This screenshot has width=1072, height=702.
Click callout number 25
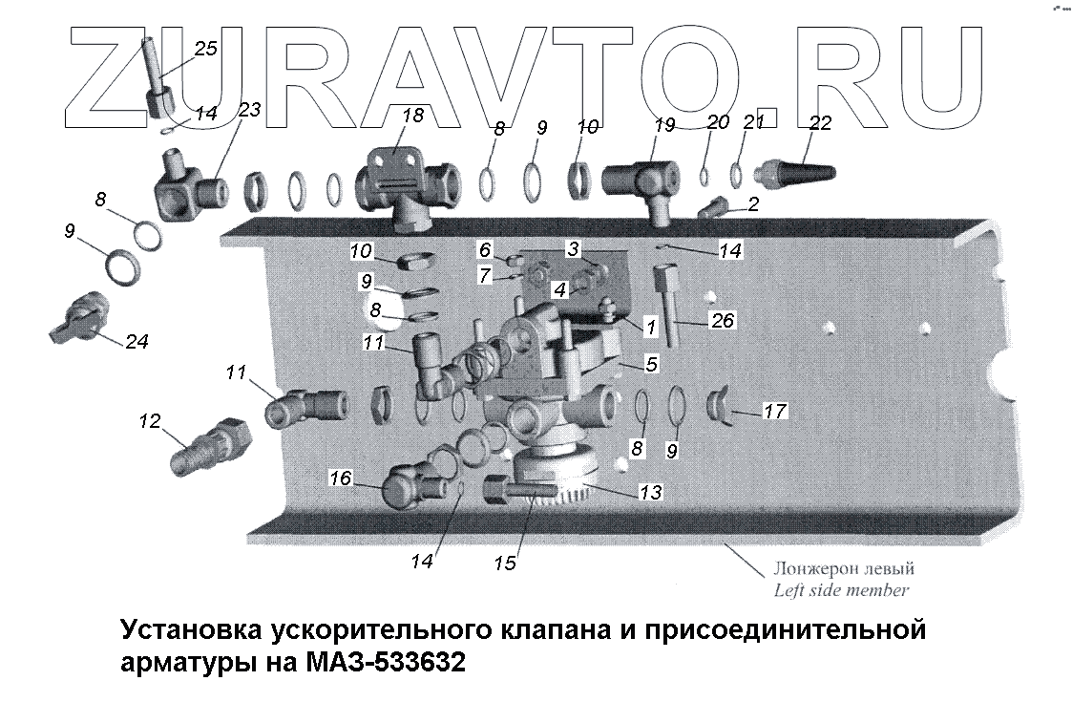205,50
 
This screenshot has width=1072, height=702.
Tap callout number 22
820,123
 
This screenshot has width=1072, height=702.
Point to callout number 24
137,341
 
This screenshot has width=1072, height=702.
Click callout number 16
340,479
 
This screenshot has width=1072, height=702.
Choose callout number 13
650,493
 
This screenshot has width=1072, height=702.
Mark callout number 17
774,413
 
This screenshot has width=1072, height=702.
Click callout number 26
723,321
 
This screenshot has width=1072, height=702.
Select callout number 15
505,564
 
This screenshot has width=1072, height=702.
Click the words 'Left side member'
843,590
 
